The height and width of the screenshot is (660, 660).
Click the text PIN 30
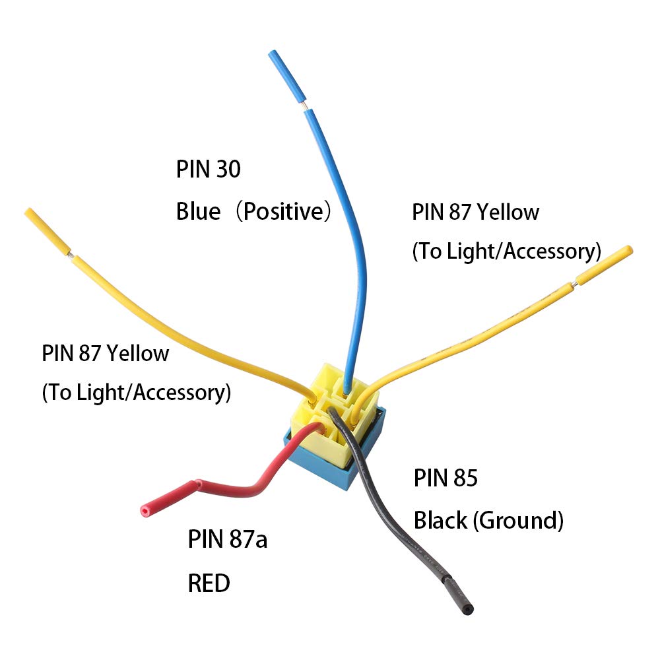point(208,170)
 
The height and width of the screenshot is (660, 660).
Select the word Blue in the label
point(198,212)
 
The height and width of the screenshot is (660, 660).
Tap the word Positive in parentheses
point(283,212)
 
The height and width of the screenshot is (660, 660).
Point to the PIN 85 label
point(445,478)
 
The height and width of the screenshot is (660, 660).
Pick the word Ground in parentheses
point(519,521)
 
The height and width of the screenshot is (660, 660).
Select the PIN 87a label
point(228,539)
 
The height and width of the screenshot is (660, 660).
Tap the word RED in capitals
point(209,583)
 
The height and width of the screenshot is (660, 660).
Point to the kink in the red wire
point(196,485)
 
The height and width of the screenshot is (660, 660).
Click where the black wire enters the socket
point(334,414)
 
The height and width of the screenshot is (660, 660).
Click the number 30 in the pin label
point(228,170)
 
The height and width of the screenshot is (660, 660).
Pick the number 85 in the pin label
point(465,478)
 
